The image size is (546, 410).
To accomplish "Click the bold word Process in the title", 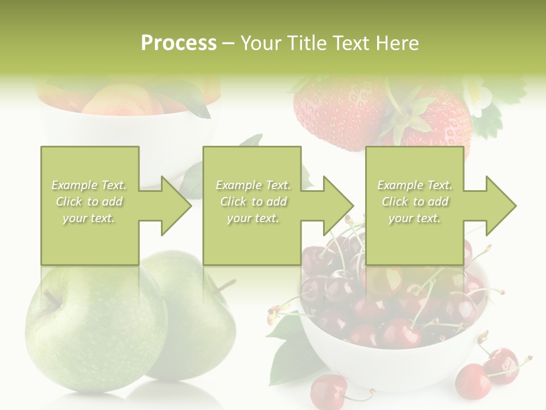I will (x=179, y=43).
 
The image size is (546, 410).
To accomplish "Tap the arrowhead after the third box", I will (x=500, y=206).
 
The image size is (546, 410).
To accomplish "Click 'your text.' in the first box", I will (x=89, y=218).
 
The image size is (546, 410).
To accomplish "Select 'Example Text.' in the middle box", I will (x=253, y=185).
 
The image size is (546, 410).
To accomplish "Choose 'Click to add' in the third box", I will (x=415, y=202).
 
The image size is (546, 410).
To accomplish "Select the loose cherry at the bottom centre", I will (x=329, y=391).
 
